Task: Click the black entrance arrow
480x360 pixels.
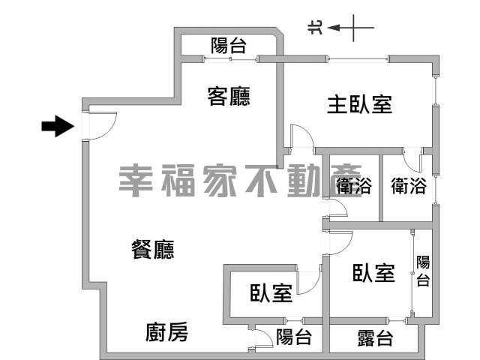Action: [x=58, y=126]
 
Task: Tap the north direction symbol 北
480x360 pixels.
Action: [x=315, y=28]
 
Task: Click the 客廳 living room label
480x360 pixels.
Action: [x=229, y=97]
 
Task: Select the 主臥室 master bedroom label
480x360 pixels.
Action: [x=359, y=104]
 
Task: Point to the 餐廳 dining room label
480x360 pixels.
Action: [x=153, y=249]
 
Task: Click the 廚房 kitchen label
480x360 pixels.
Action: [x=166, y=332]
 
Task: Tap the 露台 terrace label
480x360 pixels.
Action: [x=375, y=338]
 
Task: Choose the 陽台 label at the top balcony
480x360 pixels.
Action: [x=228, y=46]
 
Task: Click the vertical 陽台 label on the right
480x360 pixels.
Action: [x=423, y=271]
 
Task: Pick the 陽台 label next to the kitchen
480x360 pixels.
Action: [x=294, y=337]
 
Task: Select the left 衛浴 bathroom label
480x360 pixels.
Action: [x=353, y=185]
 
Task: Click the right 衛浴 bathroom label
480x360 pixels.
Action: [x=409, y=185]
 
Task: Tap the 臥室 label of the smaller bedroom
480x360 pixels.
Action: [x=271, y=293]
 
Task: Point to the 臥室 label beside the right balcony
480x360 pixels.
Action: [x=373, y=273]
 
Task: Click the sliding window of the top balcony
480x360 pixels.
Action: [x=230, y=59]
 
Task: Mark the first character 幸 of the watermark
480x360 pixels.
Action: [x=136, y=181]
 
